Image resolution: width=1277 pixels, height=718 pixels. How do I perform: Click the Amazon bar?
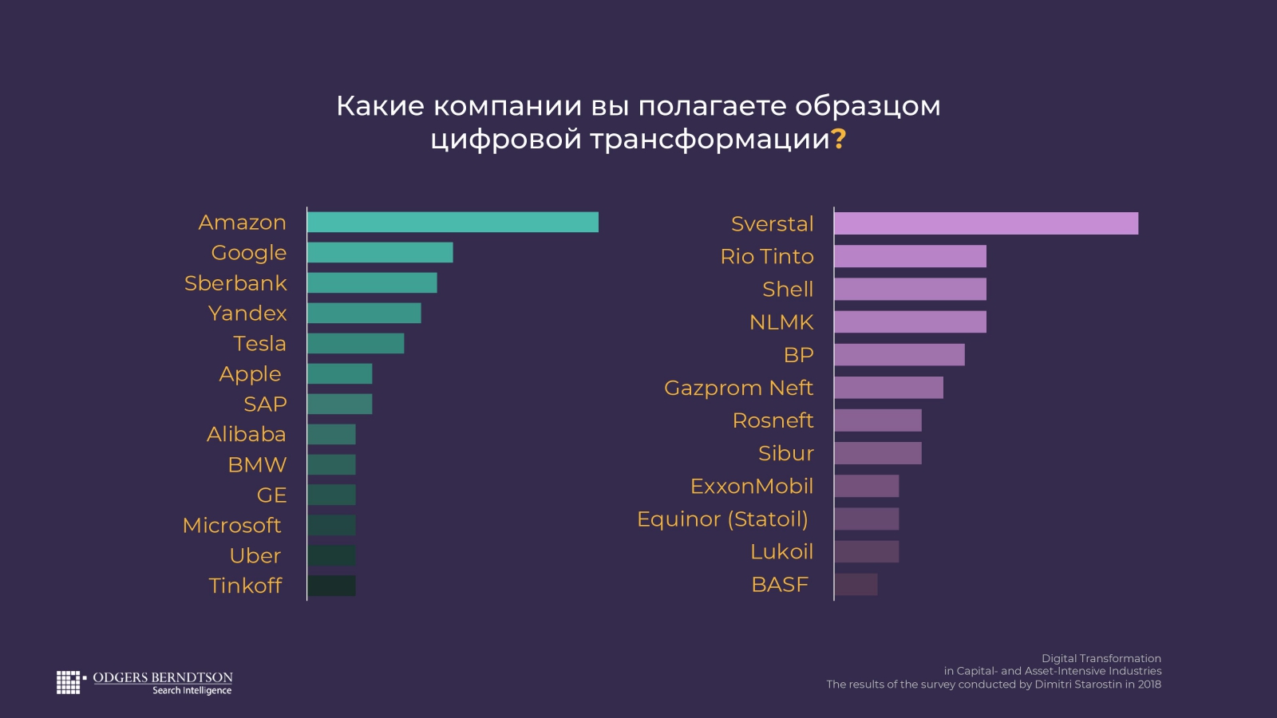[453, 223]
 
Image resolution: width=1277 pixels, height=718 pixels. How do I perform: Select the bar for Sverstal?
[986, 223]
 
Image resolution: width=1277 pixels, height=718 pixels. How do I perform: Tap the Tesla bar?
[355, 344]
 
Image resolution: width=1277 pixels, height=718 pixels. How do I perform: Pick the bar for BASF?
[856, 585]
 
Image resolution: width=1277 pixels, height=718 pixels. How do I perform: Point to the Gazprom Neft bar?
[888, 388]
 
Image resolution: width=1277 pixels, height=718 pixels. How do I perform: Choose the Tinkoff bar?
[331, 586]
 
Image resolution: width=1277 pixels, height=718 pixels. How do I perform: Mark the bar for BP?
[899, 355]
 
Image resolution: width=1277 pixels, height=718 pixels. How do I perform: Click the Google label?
[248, 253]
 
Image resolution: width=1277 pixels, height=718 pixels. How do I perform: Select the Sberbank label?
[235, 283]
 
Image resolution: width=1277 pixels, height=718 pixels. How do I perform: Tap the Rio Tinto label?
[767, 257]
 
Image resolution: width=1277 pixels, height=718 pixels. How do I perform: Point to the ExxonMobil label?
[751, 487]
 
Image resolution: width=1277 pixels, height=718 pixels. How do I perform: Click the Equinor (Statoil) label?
[722, 519]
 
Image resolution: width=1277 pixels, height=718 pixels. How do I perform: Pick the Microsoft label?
[231, 526]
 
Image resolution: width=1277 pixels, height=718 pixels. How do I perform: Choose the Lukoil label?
[781, 552]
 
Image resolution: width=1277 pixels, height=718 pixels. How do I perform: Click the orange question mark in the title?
[839, 140]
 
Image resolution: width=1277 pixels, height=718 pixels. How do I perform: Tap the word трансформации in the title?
[710, 140]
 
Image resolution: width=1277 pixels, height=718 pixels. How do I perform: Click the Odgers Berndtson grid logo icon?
[69, 682]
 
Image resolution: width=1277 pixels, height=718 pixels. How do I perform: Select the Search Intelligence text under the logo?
[192, 691]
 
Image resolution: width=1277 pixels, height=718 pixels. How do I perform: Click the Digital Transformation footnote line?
[1101, 659]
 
